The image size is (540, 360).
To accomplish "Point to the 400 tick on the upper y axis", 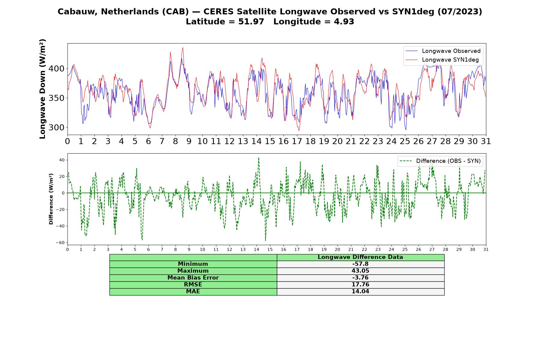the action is tap(56, 69).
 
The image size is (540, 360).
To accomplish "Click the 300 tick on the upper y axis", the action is tap(56, 127).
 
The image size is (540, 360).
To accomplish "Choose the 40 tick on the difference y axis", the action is tap(62, 160).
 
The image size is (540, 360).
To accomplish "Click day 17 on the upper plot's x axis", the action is tap(297, 141).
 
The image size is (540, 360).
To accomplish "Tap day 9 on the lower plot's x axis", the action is tap(189, 249).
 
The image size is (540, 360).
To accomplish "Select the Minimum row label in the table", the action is tap(193, 264).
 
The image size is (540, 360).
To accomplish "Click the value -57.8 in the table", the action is tap(360, 264).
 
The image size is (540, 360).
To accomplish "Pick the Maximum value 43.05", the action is tap(360, 271).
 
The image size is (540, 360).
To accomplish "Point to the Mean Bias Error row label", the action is tap(193, 278).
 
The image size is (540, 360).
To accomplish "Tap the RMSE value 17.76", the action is tap(360, 285).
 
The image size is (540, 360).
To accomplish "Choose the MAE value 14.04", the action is tap(360, 292).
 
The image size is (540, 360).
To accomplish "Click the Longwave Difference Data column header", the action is tap(360, 257).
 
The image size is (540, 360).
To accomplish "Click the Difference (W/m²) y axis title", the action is tap(51, 199).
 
